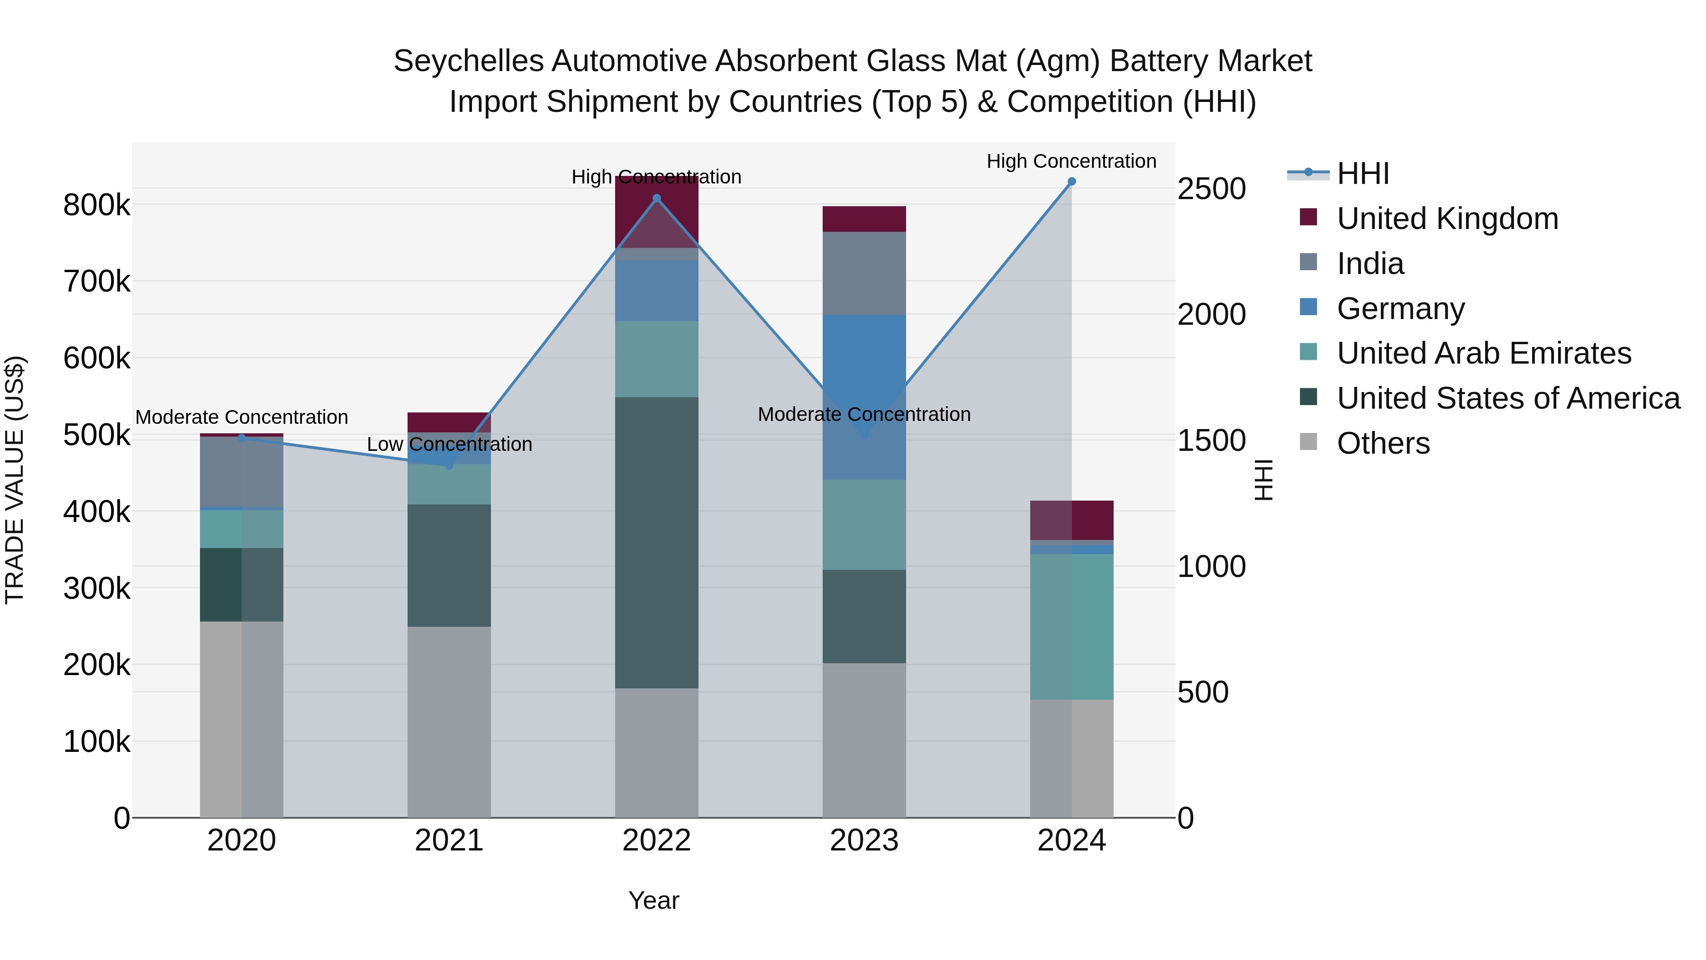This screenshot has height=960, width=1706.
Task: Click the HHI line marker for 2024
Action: pos(1071,182)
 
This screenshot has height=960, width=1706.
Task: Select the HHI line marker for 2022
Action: pos(656,198)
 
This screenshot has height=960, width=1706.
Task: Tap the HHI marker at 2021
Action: pos(449,466)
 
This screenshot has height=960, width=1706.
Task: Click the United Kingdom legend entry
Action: pos(1447,219)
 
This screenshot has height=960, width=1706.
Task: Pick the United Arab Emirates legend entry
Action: pos(1483,353)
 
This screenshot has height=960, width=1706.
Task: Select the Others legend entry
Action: pos(1383,443)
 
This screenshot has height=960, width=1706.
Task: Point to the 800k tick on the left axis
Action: pos(97,205)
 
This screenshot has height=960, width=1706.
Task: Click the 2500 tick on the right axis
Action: pos(1211,189)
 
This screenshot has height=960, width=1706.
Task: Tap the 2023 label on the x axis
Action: pos(863,841)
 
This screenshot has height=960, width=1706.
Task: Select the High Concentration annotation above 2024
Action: pos(1071,161)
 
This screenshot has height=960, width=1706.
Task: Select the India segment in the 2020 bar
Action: pos(241,472)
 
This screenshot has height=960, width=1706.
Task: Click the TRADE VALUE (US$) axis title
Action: pos(15,480)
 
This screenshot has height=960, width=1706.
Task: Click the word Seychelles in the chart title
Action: pos(468,62)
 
